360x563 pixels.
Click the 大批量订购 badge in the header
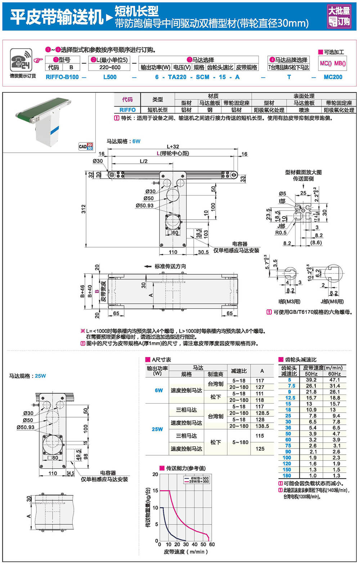pos(339,16)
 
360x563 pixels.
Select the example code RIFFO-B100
pos(62,77)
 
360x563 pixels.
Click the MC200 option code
pos(333,77)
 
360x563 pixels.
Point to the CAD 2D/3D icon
pos(85,146)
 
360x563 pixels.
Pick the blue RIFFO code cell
pos(127,110)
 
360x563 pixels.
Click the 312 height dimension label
pos(84,209)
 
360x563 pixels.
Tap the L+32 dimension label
pos(173,147)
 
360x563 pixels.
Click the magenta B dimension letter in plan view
pos(96,291)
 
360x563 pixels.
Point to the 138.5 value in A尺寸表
pos(262,426)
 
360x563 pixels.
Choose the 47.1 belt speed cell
pos(334,380)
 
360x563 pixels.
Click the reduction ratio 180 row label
pos(287,476)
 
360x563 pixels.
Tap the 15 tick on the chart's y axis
pos(155,490)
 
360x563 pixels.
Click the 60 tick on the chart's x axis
pos(212,544)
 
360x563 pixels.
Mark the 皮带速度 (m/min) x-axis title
pos(186,552)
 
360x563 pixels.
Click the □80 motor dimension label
pos(53,458)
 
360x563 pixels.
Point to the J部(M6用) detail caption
pos(332,302)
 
